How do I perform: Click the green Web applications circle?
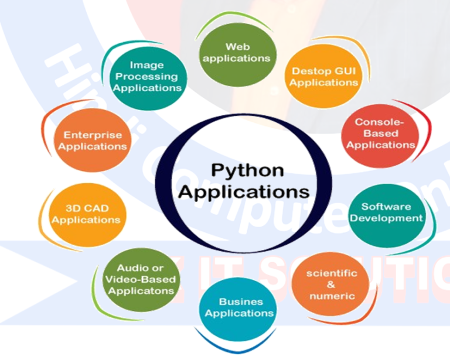coord(238,53)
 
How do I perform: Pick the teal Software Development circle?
coord(391,212)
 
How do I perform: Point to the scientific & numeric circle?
coord(332,284)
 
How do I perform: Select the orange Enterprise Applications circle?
coord(93,140)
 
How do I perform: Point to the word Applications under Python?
coord(244,192)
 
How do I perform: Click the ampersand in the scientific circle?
coord(332,284)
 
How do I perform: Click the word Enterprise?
coord(93,135)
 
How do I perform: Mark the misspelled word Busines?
coord(238,302)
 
